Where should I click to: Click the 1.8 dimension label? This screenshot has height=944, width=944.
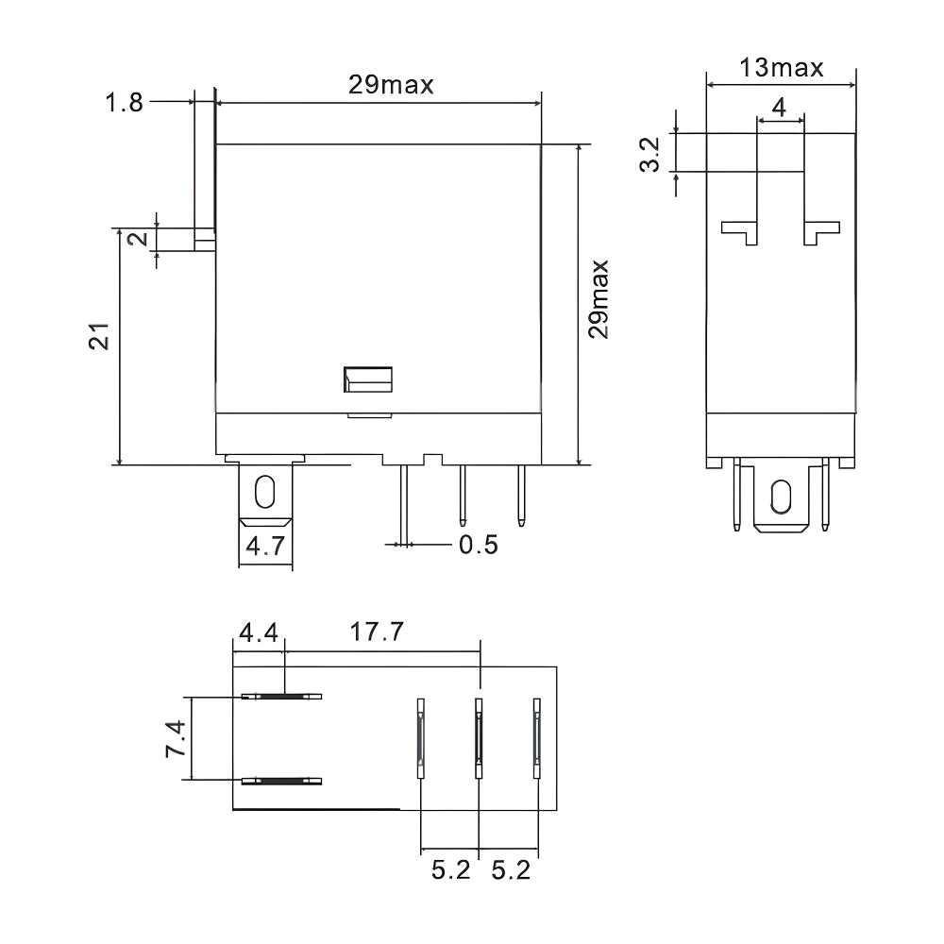[124, 102]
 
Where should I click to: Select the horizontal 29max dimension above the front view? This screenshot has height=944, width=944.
[391, 85]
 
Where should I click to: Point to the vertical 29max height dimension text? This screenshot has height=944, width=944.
[598, 299]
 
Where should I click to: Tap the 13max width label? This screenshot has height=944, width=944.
[781, 68]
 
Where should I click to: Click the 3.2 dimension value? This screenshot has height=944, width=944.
[649, 153]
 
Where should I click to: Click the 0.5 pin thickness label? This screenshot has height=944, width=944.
[478, 546]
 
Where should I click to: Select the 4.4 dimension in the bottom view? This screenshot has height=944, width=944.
[258, 632]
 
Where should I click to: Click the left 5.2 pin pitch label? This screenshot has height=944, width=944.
[450, 869]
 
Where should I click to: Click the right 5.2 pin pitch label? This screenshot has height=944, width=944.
[511, 869]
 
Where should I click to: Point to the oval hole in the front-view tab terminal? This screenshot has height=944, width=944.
[264, 491]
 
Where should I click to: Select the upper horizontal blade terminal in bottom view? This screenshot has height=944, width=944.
[281, 697]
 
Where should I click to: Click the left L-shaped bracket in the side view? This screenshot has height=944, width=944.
[741, 230]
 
